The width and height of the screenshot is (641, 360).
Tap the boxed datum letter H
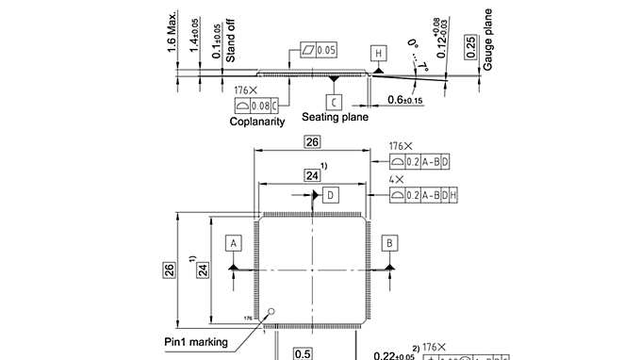click(378, 54)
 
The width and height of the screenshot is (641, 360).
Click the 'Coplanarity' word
click(257, 122)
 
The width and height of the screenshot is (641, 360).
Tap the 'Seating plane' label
click(335, 118)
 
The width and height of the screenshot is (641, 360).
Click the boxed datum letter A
click(233, 242)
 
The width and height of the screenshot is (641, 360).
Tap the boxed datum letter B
click(389, 242)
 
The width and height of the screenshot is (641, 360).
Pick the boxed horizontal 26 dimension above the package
click(310, 143)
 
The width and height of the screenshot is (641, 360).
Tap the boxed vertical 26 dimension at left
click(170, 270)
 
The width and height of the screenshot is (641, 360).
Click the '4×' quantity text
click(396, 177)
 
